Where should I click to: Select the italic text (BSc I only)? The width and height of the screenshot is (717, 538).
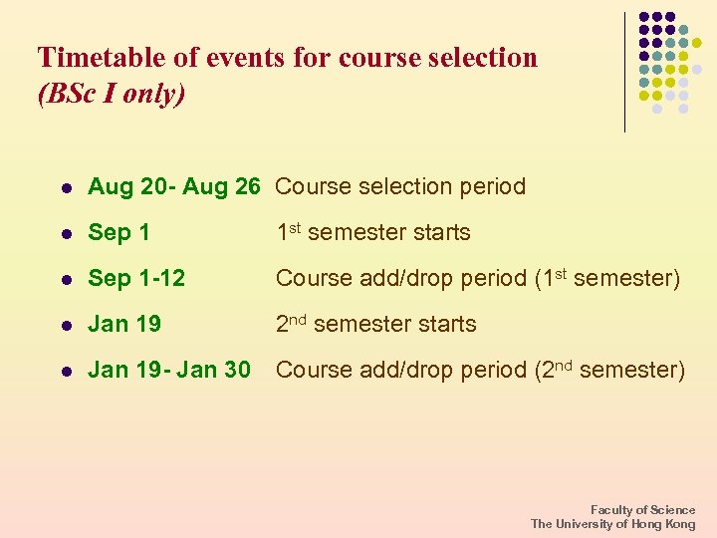point(111,94)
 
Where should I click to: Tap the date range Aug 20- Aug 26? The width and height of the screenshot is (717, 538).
point(174,186)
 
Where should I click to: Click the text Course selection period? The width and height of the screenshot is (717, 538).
point(400,186)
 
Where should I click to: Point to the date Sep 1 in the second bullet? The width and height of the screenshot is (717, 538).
point(119,233)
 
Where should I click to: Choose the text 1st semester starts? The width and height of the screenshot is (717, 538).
point(372,232)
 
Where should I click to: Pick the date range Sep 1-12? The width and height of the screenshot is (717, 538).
point(136,279)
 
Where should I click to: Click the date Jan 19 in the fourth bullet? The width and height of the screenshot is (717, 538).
point(124,325)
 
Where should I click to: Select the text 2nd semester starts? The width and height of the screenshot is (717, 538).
point(375,324)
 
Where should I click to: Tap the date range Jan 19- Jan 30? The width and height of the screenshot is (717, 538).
point(169,371)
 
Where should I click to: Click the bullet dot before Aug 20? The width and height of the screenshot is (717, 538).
point(66,187)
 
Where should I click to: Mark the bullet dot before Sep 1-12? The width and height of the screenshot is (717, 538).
point(66,280)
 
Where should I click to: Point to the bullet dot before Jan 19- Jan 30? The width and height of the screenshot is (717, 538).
point(66,372)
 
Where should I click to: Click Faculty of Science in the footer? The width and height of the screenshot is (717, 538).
point(643,510)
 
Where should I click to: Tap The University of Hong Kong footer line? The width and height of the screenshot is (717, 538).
point(613,524)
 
